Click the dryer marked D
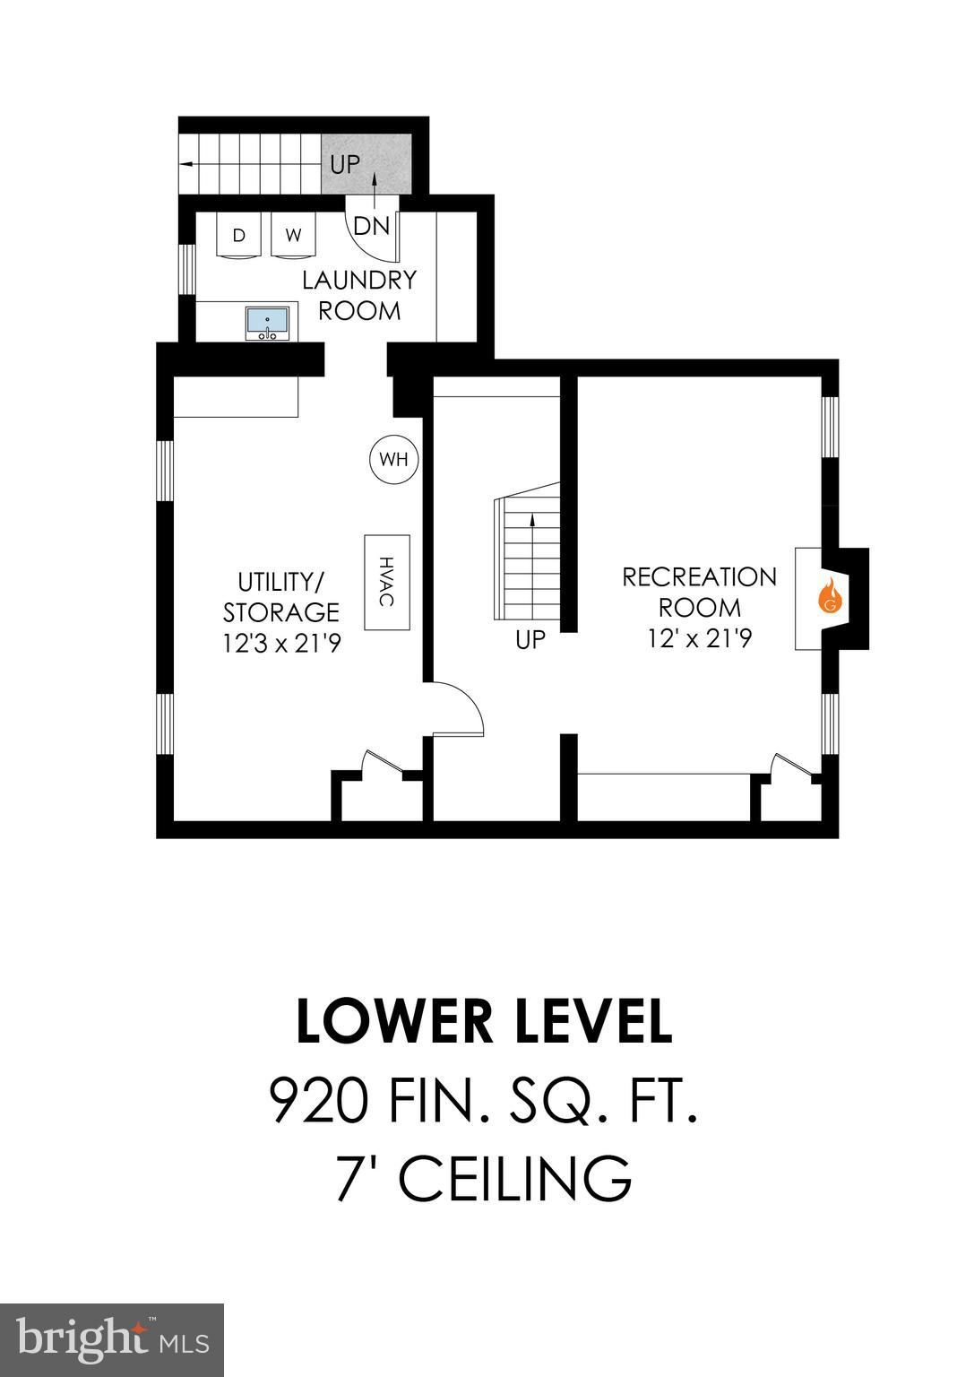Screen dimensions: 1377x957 pyautogui.click(x=239, y=236)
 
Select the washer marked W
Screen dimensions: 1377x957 pyautogui.click(x=294, y=236)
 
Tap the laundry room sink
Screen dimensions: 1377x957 pyautogui.click(x=267, y=322)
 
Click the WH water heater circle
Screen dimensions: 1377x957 pyautogui.click(x=393, y=460)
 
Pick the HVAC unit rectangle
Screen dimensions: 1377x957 pyautogui.click(x=387, y=582)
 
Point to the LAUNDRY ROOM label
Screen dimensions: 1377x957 pyautogui.click(x=359, y=295)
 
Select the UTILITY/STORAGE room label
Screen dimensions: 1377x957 pyautogui.click(x=280, y=597)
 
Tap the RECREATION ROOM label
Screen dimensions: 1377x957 pyautogui.click(x=699, y=592)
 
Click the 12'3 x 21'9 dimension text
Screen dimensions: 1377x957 pyautogui.click(x=280, y=644)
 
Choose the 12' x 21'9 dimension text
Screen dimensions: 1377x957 pyautogui.click(x=699, y=638)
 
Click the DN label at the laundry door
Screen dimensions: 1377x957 pyautogui.click(x=372, y=226)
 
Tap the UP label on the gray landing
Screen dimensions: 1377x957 pyautogui.click(x=345, y=165)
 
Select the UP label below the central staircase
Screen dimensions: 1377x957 pyautogui.click(x=530, y=641)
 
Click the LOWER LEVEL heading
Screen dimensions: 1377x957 pyautogui.click(x=484, y=1022)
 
